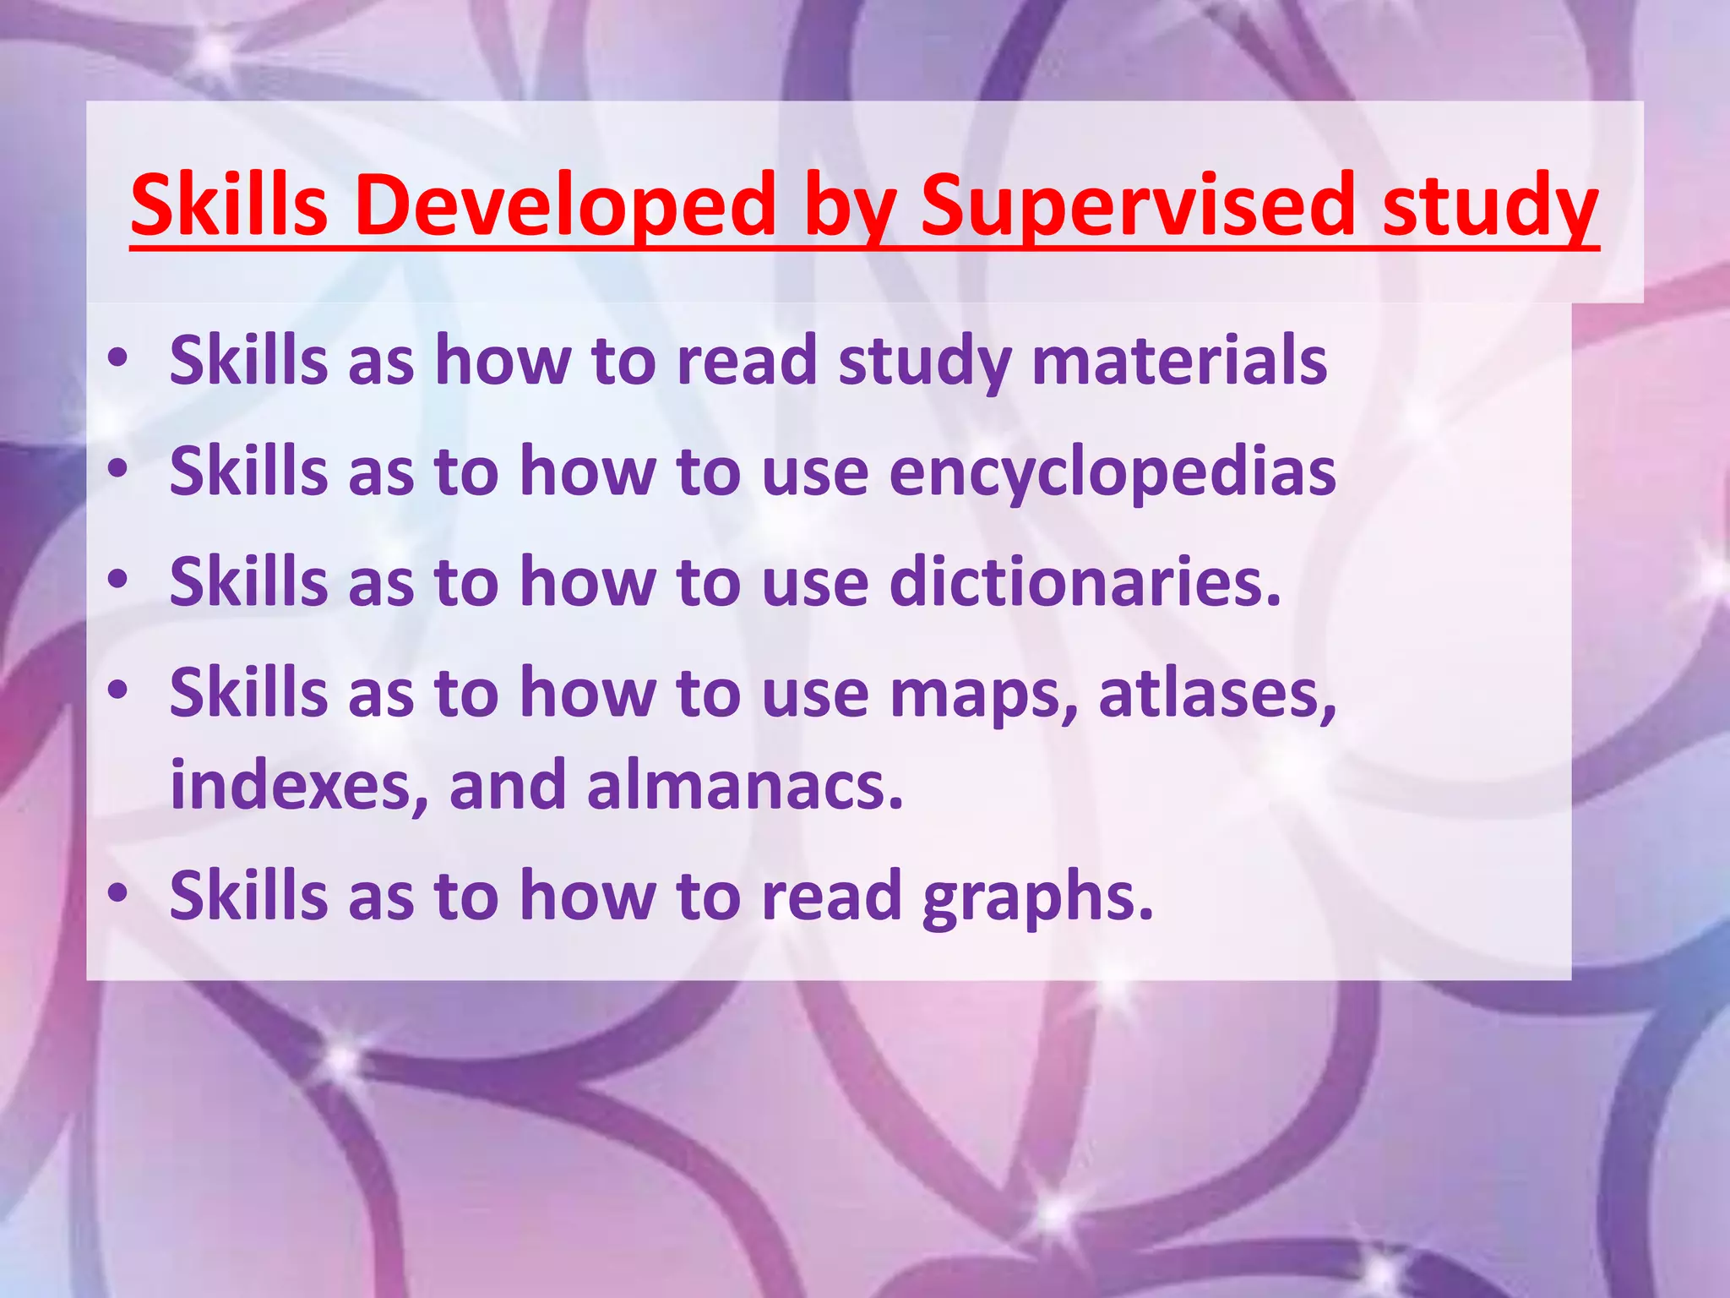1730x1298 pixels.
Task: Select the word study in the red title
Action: (1490, 205)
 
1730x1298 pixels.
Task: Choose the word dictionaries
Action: (1085, 582)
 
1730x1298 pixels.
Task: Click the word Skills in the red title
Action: (229, 205)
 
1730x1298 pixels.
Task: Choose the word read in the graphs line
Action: (831, 896)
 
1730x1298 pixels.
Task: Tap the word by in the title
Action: (849, 205)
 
